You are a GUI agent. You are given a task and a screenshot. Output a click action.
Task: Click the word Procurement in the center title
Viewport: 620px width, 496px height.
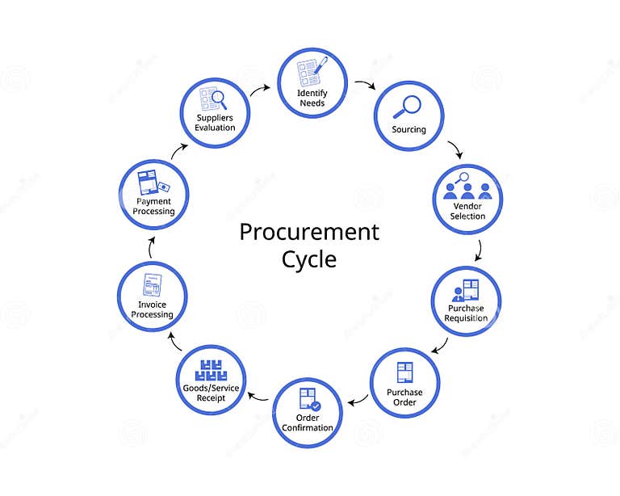[x=309, y=233]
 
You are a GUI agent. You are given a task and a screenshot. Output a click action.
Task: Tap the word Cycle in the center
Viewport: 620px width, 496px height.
[x=309, y=259]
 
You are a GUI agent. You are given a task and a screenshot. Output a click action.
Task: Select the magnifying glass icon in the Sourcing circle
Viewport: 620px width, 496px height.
[x=408, y=107]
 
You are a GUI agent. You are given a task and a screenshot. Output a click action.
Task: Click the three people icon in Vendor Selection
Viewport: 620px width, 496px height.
[x=467, y=190]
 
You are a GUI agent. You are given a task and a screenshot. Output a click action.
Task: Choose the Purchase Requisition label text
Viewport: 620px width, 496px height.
[x=466, y=313]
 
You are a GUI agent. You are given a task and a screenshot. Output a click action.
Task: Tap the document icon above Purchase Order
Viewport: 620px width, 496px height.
[x=404, y=372]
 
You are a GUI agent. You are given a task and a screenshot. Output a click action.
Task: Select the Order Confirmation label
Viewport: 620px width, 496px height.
[x=308, y=422]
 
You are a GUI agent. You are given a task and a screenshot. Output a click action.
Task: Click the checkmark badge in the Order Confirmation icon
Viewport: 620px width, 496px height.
[x=316, y=406]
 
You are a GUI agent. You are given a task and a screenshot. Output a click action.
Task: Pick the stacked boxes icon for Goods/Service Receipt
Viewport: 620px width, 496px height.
[x=212, y=370]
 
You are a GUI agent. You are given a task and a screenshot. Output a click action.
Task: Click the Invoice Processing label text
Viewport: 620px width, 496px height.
[x=152, y=309]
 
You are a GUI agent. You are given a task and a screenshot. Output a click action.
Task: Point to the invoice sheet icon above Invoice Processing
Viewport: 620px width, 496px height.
[x=152, y=285]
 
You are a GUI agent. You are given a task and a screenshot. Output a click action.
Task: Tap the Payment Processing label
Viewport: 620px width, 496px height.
[x=153, y=206]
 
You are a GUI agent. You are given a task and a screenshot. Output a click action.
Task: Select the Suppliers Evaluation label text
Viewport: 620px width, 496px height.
[x=215, y=123]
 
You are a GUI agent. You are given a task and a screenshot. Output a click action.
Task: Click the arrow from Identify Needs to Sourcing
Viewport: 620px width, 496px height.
[x=366, y=84]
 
